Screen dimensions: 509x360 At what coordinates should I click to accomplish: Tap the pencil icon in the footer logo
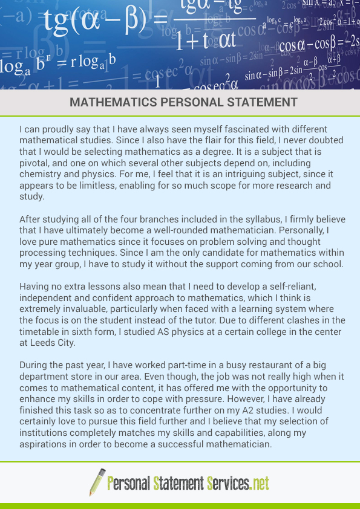pyautogui.click(x=97, y=482)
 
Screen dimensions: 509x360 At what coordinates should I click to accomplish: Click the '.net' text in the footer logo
pyautogui.click(x=259, y=483)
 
